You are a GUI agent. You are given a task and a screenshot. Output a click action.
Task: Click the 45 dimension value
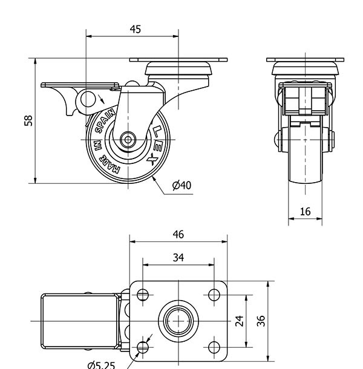pos(135,30)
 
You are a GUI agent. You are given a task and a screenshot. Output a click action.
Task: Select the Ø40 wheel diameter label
pos(181,185)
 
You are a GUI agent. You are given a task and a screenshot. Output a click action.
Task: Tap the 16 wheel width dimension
pos(305,211)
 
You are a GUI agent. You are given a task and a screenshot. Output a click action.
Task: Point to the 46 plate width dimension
pos(178,234)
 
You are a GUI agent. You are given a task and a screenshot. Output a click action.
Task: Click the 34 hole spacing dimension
pos(178,257)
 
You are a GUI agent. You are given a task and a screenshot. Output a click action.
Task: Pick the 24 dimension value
pos(240,319)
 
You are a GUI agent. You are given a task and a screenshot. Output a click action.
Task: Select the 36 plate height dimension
pos(261,319)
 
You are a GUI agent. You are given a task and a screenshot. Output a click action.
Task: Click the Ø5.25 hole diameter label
pos(100,364)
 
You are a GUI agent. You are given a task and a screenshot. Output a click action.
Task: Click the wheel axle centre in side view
pos(128,139)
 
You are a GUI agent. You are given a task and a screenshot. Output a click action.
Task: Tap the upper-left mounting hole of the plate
pos(143,295)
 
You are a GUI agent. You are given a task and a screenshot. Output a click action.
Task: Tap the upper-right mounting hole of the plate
pos(214,295)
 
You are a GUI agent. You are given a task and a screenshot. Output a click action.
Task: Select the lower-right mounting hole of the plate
pos(214,347)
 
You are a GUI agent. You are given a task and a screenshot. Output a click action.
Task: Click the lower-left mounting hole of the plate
pos(143,347)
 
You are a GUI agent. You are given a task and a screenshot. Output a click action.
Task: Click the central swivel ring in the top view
pos(178,319)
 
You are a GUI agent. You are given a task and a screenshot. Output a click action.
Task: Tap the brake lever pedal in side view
pos(79,86)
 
